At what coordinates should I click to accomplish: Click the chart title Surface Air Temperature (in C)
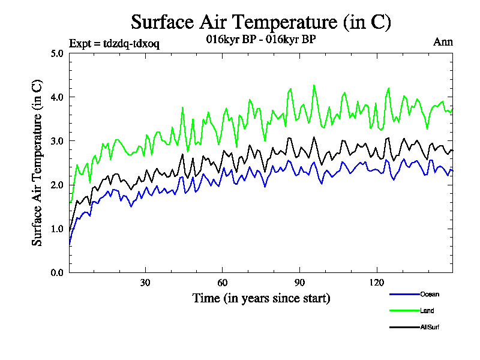pyautogui.click(x=261, y=22)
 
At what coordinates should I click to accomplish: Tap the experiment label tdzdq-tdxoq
pyautogui.click(x=114, y=43)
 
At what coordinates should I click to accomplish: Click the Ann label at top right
pyautogui.click(x=443, y=42)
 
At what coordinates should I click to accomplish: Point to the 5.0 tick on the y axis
pyautogui.click(x=57, y=53)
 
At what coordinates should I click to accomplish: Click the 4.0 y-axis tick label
pyautogui.click(x=57, y=97)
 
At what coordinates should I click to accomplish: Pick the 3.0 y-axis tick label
pyautogui.click(x=57, y=141)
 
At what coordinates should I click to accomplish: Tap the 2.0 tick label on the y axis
pyautogui.click(x=57, y=185)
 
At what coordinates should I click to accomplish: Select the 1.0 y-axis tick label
pyautogui.click(x=57, y=229)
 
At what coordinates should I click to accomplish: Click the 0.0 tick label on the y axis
pyautogui.click(x=57, y=272)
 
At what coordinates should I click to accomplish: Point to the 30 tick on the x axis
pyautogui.click(x=145, y=283)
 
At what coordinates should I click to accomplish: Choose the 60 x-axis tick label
pyautogui.click(x=222, y=283)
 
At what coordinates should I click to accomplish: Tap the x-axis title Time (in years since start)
pyautogui.click(x=261, y=298)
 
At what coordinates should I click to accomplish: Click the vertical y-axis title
pyautogui.click(x=37, y=162)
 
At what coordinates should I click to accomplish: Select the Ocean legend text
pyautogui.click(x=430, y=294)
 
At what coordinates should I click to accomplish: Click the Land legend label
pyautogui.click(x=427, y=311)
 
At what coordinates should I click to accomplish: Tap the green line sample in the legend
pyautogui.click(x=404, y=311)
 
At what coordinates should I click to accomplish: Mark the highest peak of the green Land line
pyautogui.click(x=314, y=85)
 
